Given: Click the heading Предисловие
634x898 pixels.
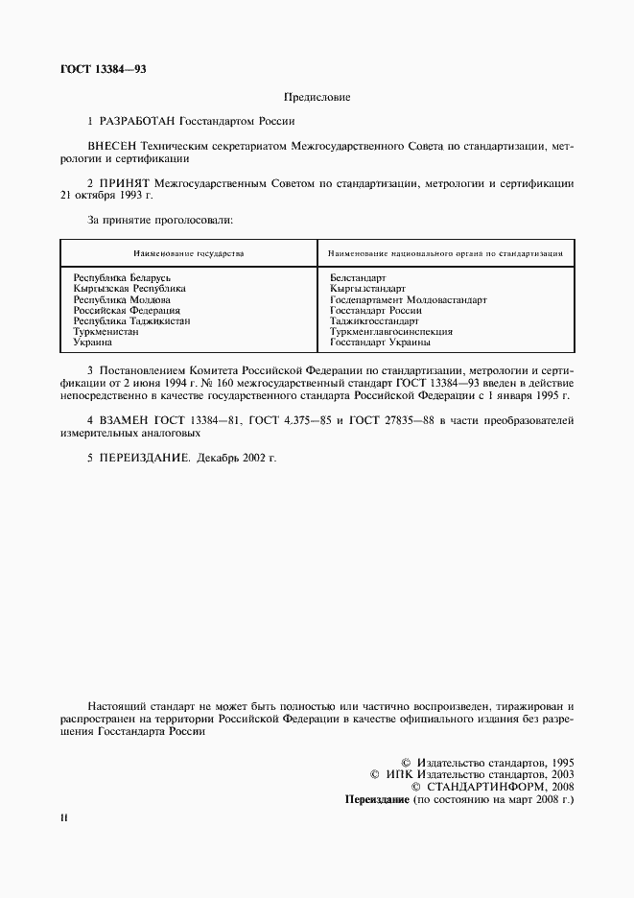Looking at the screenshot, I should coord(317,97).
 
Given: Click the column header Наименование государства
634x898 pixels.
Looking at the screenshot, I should coord(189,254).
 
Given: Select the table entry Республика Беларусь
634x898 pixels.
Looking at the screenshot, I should coord(122,276).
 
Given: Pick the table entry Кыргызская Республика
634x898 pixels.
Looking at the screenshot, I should coord(129,288).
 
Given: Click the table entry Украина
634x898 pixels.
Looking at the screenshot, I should coord(93,342).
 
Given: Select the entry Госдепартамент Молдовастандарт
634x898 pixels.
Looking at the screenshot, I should coord(408,299).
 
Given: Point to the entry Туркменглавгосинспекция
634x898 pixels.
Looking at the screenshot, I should coord(390,331).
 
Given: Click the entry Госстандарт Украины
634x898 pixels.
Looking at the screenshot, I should coord(380,342).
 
